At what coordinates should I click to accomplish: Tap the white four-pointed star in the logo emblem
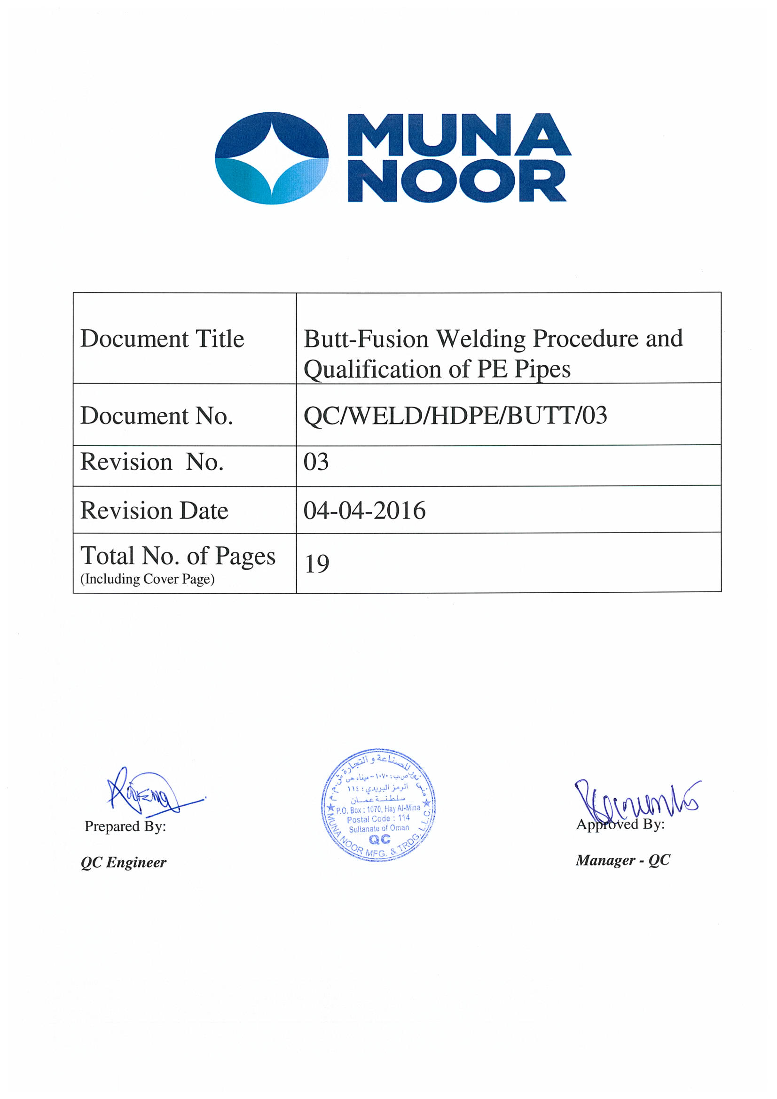coord(272,157)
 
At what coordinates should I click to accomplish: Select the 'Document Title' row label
coord(162,339)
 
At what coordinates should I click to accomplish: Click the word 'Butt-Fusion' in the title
coord(366,339)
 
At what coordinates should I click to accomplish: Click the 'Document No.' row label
coord(157,416)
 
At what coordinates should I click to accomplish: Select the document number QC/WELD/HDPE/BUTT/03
coord(455,415)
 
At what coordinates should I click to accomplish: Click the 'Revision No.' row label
coord(152,462)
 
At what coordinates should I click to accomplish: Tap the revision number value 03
coord(316,462)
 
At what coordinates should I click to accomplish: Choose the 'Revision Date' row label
coord(154,510)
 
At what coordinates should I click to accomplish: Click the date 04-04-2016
coord(364,510)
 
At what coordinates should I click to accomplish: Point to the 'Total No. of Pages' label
coord(178,556)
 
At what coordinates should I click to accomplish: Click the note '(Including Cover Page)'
coord(148,579)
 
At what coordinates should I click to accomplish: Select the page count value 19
coord(317,564)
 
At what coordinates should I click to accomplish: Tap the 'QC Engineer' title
coord(124,863)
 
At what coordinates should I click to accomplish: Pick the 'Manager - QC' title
coord(622,860)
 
